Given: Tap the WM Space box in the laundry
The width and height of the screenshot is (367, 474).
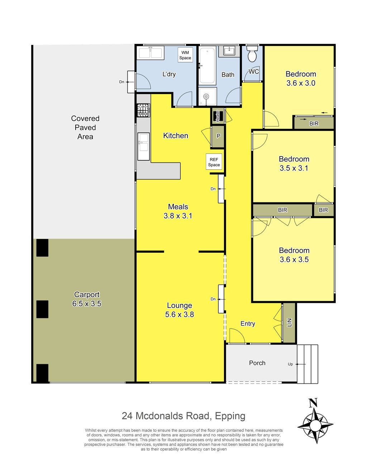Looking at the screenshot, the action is pos(185,55).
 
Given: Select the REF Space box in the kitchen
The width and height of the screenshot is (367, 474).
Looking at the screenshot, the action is pos(214,162).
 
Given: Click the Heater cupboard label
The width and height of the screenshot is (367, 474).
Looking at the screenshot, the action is pos(217,116).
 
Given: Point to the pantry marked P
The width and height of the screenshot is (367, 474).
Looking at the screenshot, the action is pos(218,136).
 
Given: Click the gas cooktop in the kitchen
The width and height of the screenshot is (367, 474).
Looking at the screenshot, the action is pos(143,109).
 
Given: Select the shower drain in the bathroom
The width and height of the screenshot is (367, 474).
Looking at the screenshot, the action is pos(206,96).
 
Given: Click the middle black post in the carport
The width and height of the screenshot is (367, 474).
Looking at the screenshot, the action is pos(42,309).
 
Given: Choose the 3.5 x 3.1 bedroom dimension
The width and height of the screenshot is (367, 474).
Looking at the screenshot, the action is pos(294,168).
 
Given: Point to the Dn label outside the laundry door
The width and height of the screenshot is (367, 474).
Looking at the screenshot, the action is pos(121,82).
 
